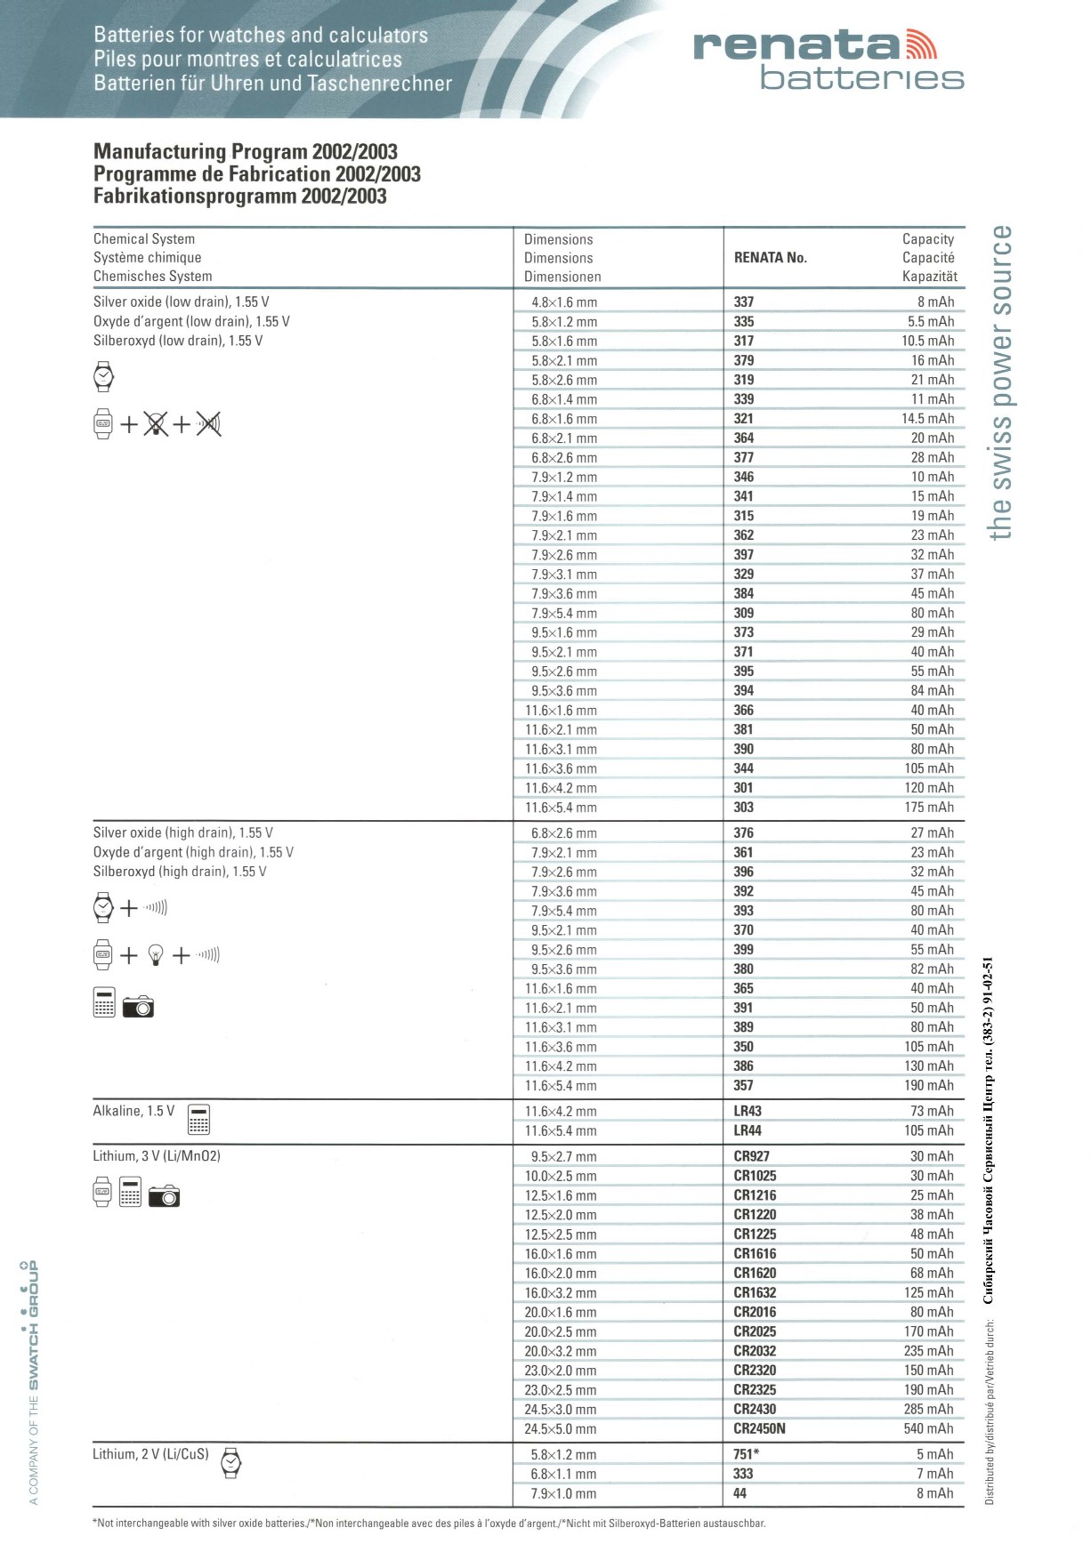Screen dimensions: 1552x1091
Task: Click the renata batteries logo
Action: pos(828,60)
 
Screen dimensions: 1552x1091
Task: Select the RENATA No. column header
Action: pos(770,258)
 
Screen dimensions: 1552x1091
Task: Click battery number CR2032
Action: pos(755,1351)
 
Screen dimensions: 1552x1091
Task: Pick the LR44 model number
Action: pos(748,1130)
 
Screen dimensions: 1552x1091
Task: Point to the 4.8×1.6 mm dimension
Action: pos(564,302)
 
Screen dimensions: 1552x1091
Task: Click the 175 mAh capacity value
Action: pos(929,808)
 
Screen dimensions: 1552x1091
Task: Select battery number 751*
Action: pos(746,1454)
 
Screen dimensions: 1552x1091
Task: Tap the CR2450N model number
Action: pos(759,1429)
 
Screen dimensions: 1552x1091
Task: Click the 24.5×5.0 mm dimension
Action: pos(561,1429)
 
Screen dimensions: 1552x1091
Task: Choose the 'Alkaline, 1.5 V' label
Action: pos(133,1111)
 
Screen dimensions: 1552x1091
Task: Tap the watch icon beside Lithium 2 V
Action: pos(230,1462)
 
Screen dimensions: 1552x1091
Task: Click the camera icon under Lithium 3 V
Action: pos(164,1196)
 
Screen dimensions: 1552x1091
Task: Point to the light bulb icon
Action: pos(156,956)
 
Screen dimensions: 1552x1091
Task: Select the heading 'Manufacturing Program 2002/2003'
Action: pos(246,151)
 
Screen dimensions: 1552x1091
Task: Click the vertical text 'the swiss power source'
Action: pos(1001,382)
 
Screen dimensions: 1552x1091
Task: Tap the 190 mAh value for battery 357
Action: pos(929,1085)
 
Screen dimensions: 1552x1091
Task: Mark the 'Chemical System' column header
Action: pos(144,238)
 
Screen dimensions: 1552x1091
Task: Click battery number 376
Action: pos(743,832)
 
